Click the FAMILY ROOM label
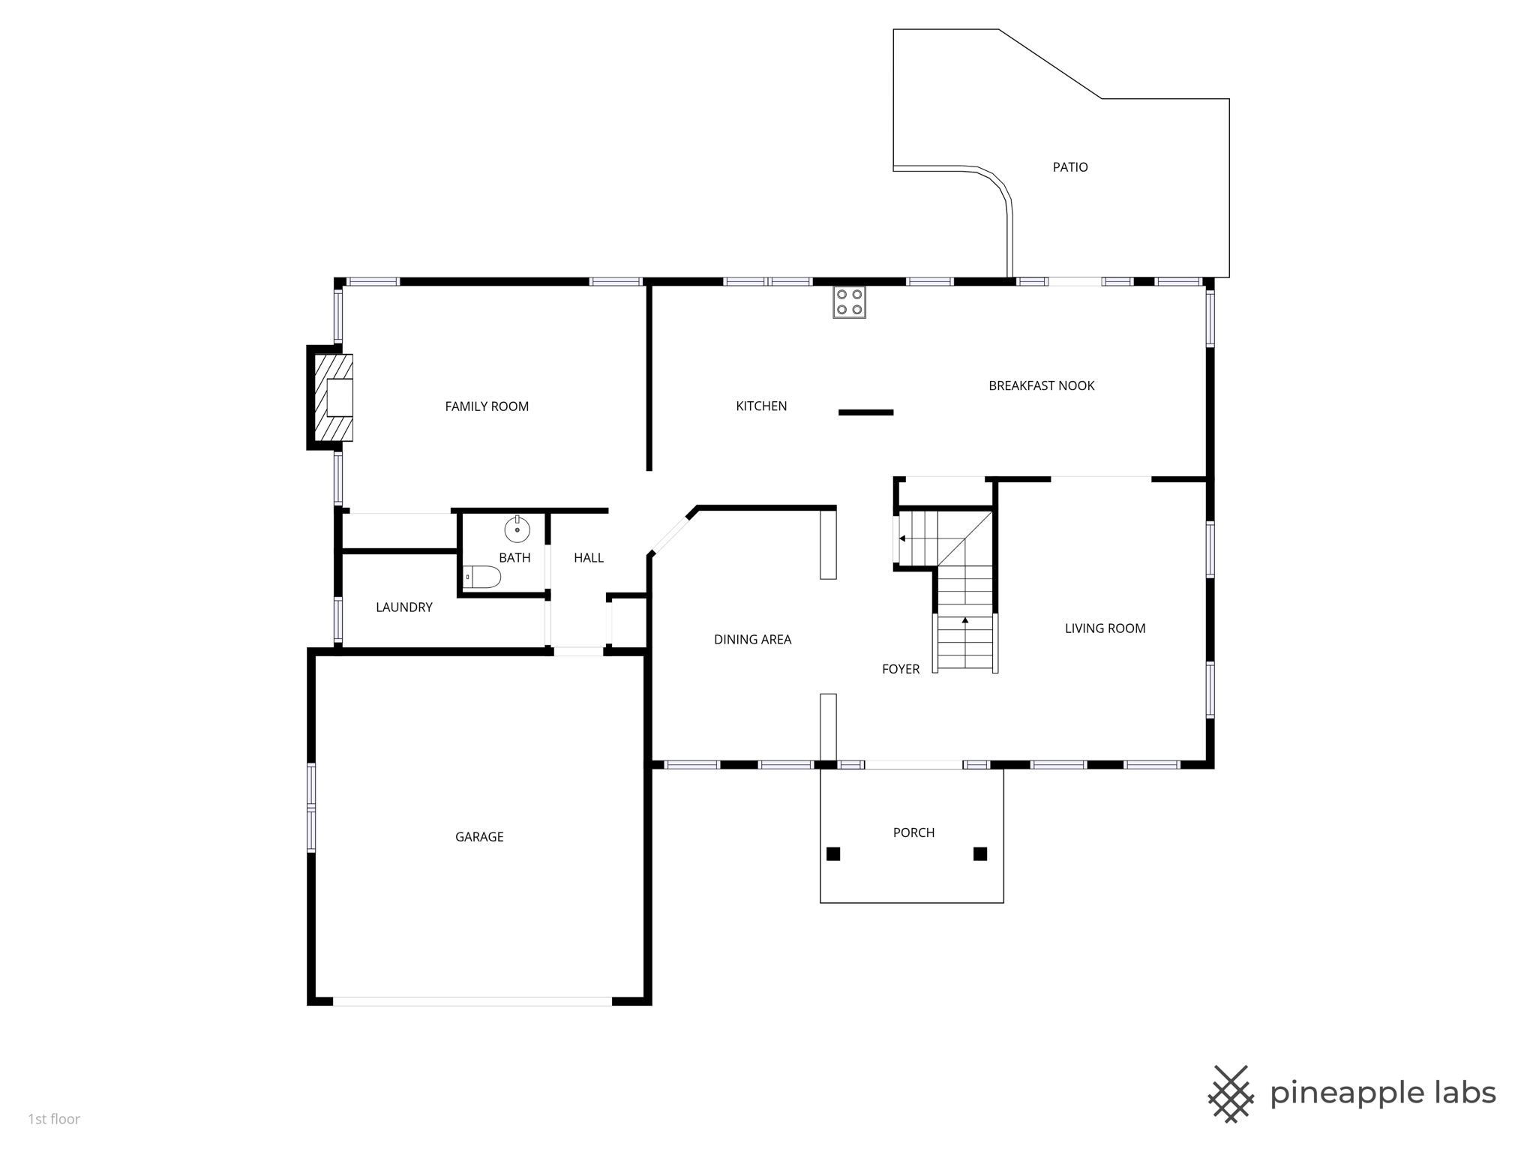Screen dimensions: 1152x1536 tap(487, 406)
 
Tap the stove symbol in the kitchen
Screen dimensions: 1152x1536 tap(849, 302)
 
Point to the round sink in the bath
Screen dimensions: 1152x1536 tap(517, 529)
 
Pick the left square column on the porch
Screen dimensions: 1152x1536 tap(833, 853)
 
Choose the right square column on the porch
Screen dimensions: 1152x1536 tap(979, 853)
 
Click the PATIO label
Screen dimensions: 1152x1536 tap(1069, 167)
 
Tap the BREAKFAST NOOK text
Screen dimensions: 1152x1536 tap(1041, 385)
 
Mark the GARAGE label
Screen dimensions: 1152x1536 tap(479, 837)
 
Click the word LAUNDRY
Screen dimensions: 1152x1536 tap(403, 607)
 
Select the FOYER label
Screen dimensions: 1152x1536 tap(900, 669)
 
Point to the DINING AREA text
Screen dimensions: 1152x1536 tap(752, 640)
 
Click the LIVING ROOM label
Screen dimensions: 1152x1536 tap(1105, 628)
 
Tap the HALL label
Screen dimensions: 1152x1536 tap(589, 558)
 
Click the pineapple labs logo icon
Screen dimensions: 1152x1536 tap(1231, 1093)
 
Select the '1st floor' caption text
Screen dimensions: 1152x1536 tap(54, 1119)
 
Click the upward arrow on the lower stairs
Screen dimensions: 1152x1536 tap(965, 621)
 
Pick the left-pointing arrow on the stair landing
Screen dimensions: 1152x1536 tap(902, 538)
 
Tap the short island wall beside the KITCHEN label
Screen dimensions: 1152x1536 tap(865, 412)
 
